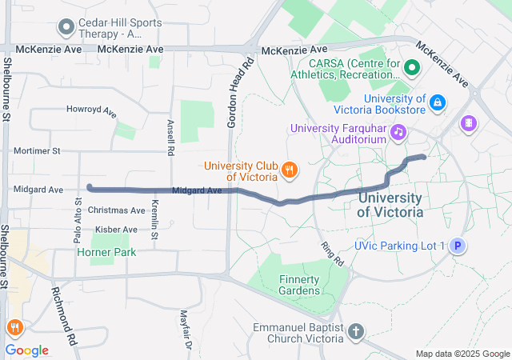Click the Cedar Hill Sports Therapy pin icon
65,27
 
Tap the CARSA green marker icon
412,68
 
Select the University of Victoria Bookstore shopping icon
438,102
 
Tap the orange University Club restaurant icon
290,170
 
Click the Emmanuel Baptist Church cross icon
355,330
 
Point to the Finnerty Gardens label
298,285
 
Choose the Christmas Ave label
117,210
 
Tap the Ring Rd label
332,254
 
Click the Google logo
26,350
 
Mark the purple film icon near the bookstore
469,123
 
